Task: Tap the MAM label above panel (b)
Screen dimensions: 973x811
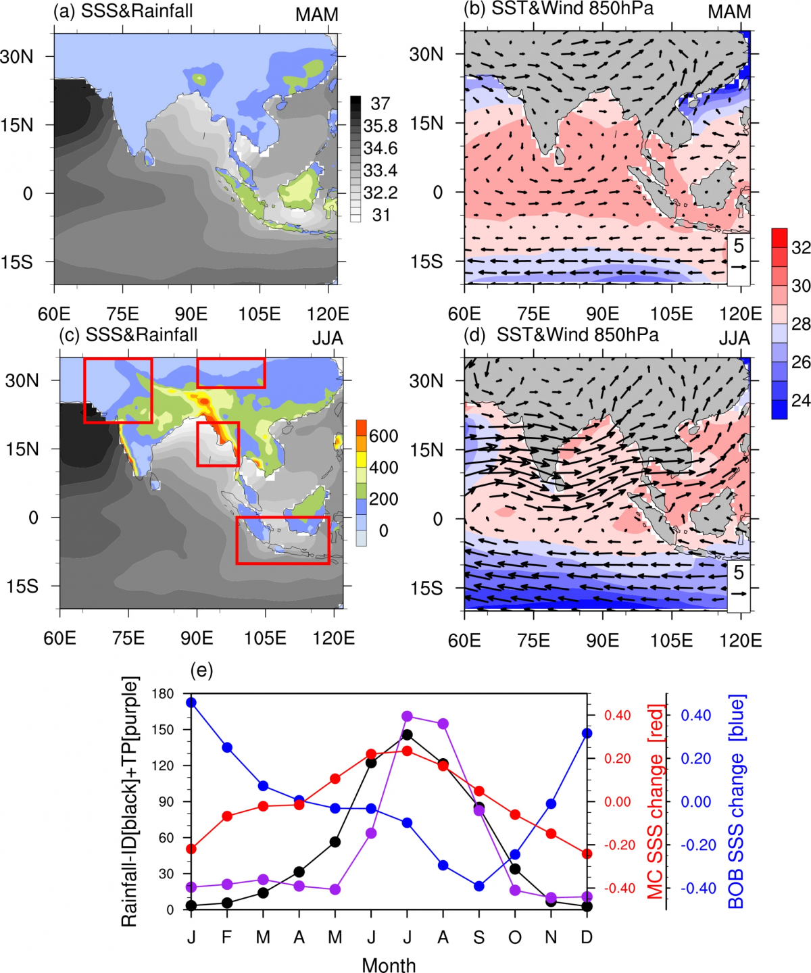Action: point(729,12)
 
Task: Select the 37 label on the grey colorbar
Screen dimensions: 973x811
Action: point(380,103)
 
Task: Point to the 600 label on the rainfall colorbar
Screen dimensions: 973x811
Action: point(383,436)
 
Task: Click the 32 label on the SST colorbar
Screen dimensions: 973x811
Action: point(801,248)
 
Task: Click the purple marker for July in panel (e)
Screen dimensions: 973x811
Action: point(408,716)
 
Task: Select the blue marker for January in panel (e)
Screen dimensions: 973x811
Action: point(192,703)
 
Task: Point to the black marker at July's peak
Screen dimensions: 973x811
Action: point(408,734)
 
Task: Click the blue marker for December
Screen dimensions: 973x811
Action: point(587,733)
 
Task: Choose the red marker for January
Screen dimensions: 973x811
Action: point(192,849)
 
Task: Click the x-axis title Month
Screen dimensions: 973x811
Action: point(389,965)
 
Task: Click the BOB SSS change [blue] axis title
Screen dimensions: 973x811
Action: point(735,801)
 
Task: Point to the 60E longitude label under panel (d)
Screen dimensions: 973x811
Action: point(464,640)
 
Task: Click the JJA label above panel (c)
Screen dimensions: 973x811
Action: point(327,338)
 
